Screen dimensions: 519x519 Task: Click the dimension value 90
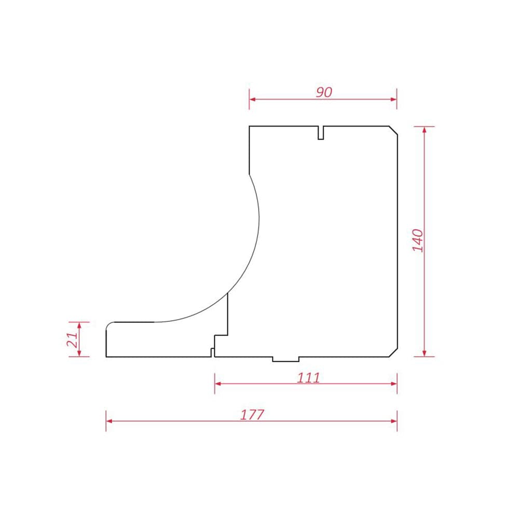pos(324,92)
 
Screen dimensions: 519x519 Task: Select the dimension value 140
pos(418,240)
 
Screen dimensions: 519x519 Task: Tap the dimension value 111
pos(308,378)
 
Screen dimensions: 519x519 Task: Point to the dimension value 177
pos(252,415)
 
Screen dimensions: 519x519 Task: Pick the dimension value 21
pos(73,339)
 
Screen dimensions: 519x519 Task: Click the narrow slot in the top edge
pos(320,133)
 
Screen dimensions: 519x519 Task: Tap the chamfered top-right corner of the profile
pos(393,130)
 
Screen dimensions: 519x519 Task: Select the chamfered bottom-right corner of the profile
pos(393,352)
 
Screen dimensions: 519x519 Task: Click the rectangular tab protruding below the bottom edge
pos(285,359)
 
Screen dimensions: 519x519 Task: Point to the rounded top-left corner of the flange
pos(109,325)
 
